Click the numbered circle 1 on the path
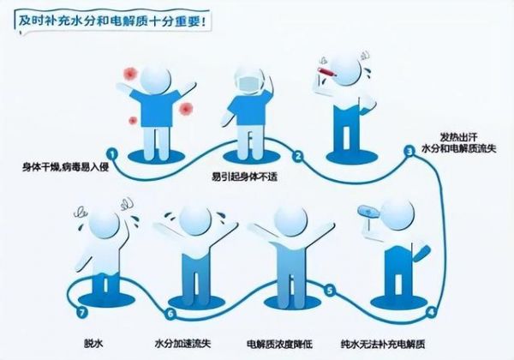coord(112,153)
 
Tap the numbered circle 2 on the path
coord(298,156)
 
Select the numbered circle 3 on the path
coord(409,152)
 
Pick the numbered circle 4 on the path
coord(432,312)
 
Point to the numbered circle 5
coord(330,291)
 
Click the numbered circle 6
coord(170,314)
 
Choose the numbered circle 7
coord(82,312)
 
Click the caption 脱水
coord(93,344)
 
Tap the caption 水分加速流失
coord(182,344)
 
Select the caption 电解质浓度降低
coord(279,344)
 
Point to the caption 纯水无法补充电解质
coord(383,345)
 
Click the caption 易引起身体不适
coord(244,177)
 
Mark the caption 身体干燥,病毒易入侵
coord(65,167)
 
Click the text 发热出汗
coord(458,137)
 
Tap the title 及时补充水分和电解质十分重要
coord(112,21)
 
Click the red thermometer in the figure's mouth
coord(328,72)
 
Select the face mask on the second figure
coord(248,85)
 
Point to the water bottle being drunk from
coord(369,211)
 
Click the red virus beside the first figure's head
coord(130,74)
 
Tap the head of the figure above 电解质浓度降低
coord(290,222)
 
